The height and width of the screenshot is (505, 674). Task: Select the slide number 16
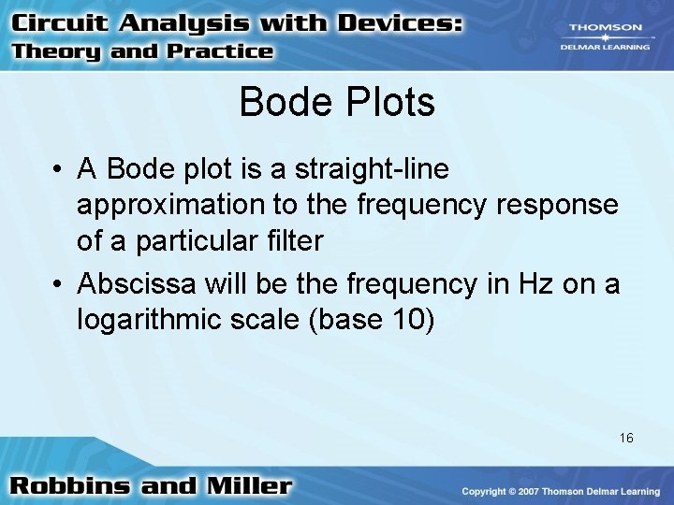(626, 438)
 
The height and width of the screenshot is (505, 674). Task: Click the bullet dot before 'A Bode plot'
(58, 170)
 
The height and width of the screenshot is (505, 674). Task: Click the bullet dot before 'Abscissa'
(58, 283)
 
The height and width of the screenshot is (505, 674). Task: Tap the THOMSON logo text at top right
(607, 28)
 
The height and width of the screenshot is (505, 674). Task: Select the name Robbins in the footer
(81, 486)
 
